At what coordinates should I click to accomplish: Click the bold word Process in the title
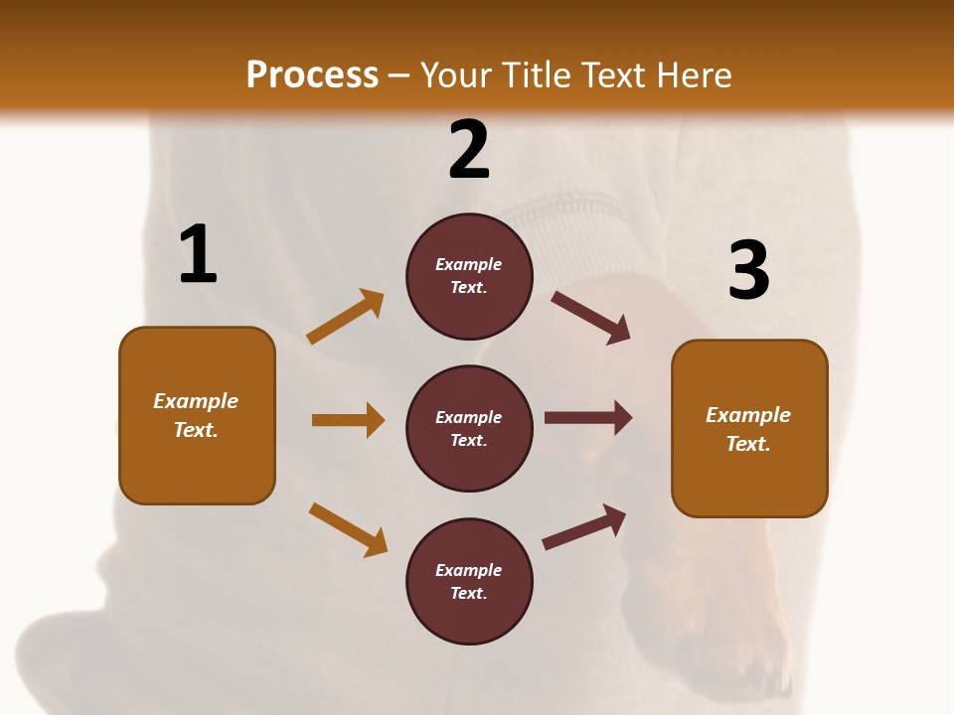[312, 75]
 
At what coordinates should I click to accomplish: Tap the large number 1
[197, 254]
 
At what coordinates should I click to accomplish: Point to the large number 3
[748, 271]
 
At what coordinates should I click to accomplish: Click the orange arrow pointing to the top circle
[346, 317]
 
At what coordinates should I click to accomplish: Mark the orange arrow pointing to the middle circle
[348, 420]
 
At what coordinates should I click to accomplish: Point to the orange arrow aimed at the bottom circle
[348, 529]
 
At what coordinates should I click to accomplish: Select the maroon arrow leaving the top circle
[591, 318]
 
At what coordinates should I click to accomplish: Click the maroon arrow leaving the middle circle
[588, 417]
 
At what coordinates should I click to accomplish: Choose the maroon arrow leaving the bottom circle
[584, 527]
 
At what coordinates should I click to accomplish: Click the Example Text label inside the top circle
[469, 276]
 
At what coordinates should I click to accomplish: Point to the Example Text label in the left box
[196, 415]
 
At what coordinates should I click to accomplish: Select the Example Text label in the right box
[748, 429]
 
